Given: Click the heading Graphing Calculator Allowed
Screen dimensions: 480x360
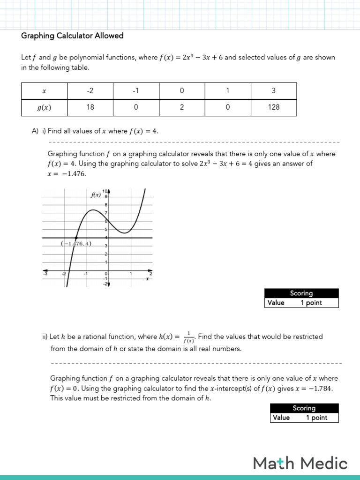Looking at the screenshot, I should (73, 36).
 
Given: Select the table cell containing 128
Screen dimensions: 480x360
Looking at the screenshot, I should (274, 107).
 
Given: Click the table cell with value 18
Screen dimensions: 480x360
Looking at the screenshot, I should (90, 107).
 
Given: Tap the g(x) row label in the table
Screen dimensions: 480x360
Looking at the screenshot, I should (44, 107).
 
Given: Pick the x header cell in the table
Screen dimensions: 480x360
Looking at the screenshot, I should (44, 91).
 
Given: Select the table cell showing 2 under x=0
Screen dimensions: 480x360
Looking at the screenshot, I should (182, 107).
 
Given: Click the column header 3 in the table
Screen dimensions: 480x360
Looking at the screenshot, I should (274, 91).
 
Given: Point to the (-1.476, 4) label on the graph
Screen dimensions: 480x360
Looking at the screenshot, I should (76, 243).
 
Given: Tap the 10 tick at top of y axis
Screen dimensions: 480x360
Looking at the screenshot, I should (105, 191).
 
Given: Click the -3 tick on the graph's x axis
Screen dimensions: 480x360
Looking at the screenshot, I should (45, 274).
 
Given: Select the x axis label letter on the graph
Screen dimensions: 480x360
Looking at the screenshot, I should (147, 279).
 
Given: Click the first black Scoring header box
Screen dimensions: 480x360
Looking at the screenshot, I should (301, 293).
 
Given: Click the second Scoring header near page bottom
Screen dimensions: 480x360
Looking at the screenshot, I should (304, 408).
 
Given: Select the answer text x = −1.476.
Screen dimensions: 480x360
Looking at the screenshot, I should (67, 173).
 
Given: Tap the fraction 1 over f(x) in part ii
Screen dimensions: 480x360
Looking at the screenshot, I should (188, 337).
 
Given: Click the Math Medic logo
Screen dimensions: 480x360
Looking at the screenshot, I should (300, 463).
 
